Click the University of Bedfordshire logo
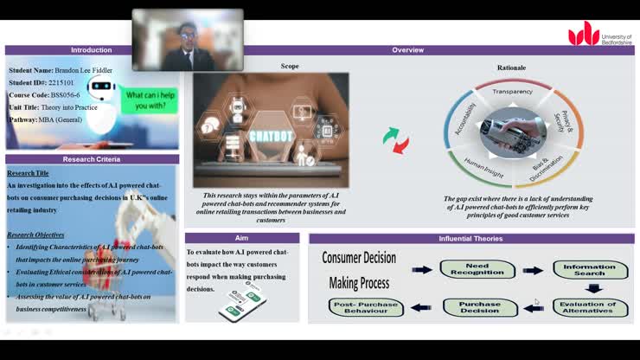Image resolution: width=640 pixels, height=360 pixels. click(x=597, y=34)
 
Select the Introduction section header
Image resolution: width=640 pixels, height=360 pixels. click(x=91, y=50)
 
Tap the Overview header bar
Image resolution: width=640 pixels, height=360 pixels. click(x=407, y=50)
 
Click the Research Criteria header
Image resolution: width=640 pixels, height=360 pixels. click(x=91, y=159)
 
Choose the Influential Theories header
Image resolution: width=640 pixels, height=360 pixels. click(x=471, y=238)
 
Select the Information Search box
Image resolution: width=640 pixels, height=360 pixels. click(x=590, y=270)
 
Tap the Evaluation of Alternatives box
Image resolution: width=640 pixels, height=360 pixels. click(x=590, y=307)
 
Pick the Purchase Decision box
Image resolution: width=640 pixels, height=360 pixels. click(x=480, y=307)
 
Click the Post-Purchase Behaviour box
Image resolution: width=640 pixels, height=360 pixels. click(x=366, y=307)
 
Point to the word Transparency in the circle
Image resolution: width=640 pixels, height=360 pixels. click(x=512, y=92)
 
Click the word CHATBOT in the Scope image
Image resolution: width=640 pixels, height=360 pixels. click(x=270, y=136)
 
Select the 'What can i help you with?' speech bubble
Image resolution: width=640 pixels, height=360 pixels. click(x=150, y=100)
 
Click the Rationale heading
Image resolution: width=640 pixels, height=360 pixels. click(x=511, y=67)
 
